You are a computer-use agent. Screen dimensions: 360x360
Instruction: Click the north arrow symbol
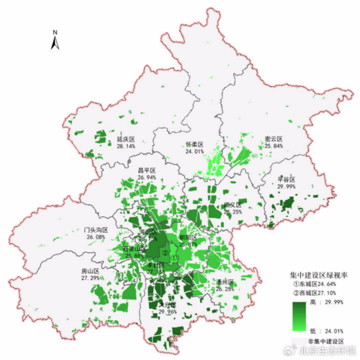click(x=55, y=40)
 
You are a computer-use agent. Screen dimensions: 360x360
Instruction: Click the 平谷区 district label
click(x=287, y=179)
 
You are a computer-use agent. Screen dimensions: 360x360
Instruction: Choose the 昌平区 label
click(x=147, y=171)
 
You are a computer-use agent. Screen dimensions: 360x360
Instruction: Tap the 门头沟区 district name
click(x=96, y=230)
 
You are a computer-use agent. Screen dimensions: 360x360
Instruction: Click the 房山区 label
click(x=90, y=271)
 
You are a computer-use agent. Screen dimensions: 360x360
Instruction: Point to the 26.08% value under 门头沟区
click(x=96, y=237)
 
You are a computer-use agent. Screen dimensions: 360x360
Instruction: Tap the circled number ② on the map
click(x=165, y=252)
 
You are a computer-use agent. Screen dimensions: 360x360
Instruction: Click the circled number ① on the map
click(x=174, y=258)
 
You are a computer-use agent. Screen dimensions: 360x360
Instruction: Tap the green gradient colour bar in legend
click(x=300, y=316)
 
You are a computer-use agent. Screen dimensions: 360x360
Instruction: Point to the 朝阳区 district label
click(x=187, y=238)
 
